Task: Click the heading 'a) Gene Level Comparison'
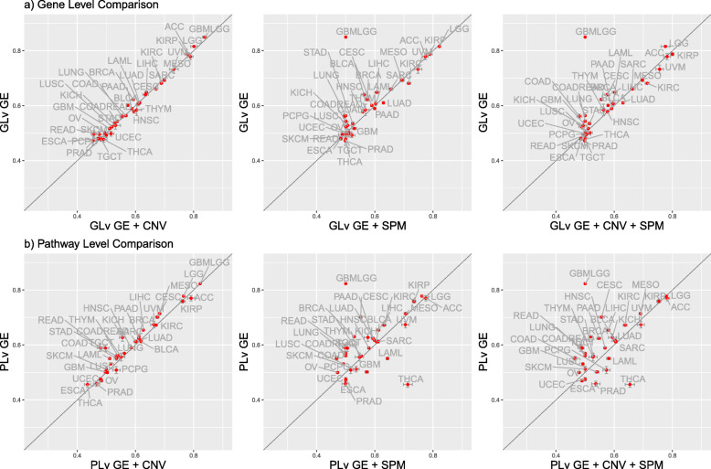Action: [60, 6]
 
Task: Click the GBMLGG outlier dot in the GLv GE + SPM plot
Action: [345, 37]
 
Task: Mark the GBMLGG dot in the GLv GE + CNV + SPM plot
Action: [585, 37]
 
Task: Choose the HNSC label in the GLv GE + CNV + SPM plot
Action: [626, 122]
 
